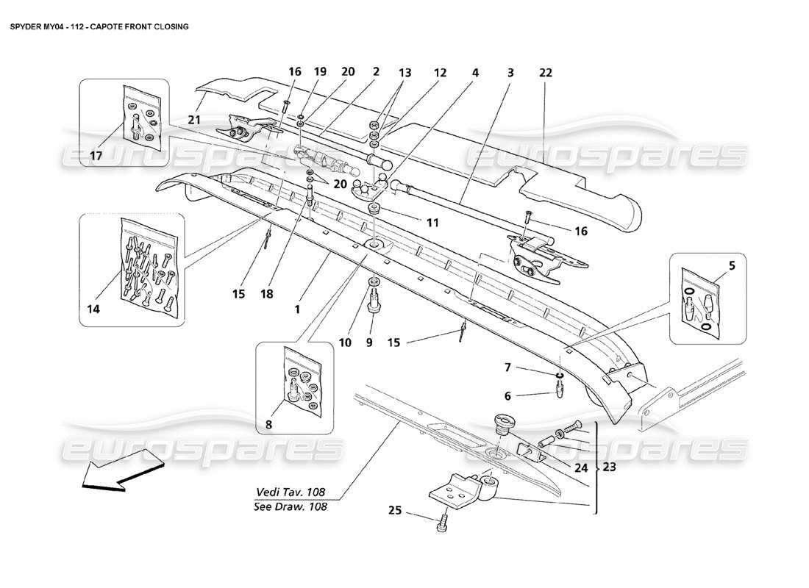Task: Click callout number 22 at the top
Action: point(545,73)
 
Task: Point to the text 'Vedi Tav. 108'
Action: point(291,492)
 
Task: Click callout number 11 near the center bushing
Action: point(413,220)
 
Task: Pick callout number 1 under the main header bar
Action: point(297,309)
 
